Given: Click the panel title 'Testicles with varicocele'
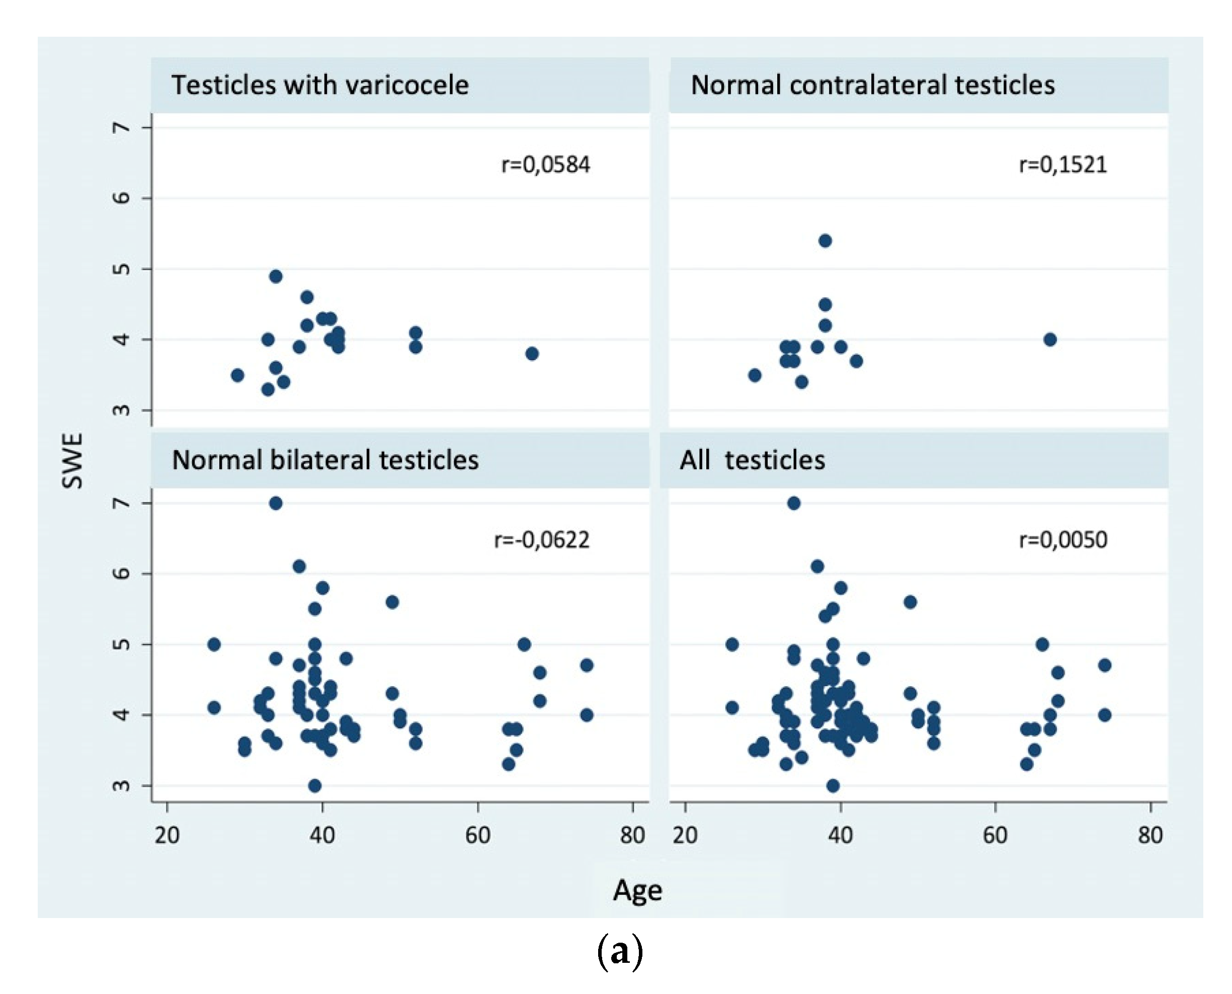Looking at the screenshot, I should tap(319, 85).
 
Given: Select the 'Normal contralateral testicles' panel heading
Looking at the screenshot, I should tap(872, 85).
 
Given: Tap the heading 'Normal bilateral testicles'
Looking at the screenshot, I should tap(324, 460).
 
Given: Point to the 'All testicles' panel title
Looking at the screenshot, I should tap(752, 460).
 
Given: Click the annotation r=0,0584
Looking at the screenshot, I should tap(545, 165).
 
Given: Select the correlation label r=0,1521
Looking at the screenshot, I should tap(1062, 165).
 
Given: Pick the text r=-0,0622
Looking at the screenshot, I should tap(541, 540).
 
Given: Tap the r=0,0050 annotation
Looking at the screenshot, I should tap(1062, 540).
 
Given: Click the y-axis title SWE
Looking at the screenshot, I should tap(73, 460).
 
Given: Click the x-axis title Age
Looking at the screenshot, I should tap(637, 890).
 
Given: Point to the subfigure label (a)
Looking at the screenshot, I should tap(619, 952).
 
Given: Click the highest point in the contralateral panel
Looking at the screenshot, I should tap(825, 240).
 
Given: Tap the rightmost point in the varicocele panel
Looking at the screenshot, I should tap(531, 354).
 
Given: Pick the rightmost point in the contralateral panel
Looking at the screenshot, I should tap(1049, 340).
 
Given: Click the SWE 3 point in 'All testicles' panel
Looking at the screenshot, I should tap(833, 786).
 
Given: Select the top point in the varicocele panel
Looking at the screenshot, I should tap(275, 277).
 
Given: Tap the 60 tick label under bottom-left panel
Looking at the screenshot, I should tap(477, 836).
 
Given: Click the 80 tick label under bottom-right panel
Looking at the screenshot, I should tap(1149, 836).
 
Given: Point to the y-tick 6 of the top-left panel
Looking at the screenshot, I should tap(121, 198).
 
